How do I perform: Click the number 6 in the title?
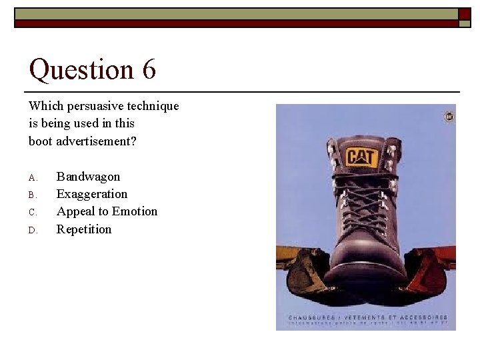[148, 69]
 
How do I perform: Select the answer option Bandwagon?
[88, 177]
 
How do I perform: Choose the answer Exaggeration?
[91, 194]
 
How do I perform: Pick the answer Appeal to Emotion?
[107, 211]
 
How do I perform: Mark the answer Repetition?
[84, 229]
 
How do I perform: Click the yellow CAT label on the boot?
[361, 158]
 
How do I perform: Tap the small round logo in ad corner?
[449, 117]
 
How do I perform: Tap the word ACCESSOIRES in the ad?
[424, 317]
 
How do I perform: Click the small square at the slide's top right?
[465, 14]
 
